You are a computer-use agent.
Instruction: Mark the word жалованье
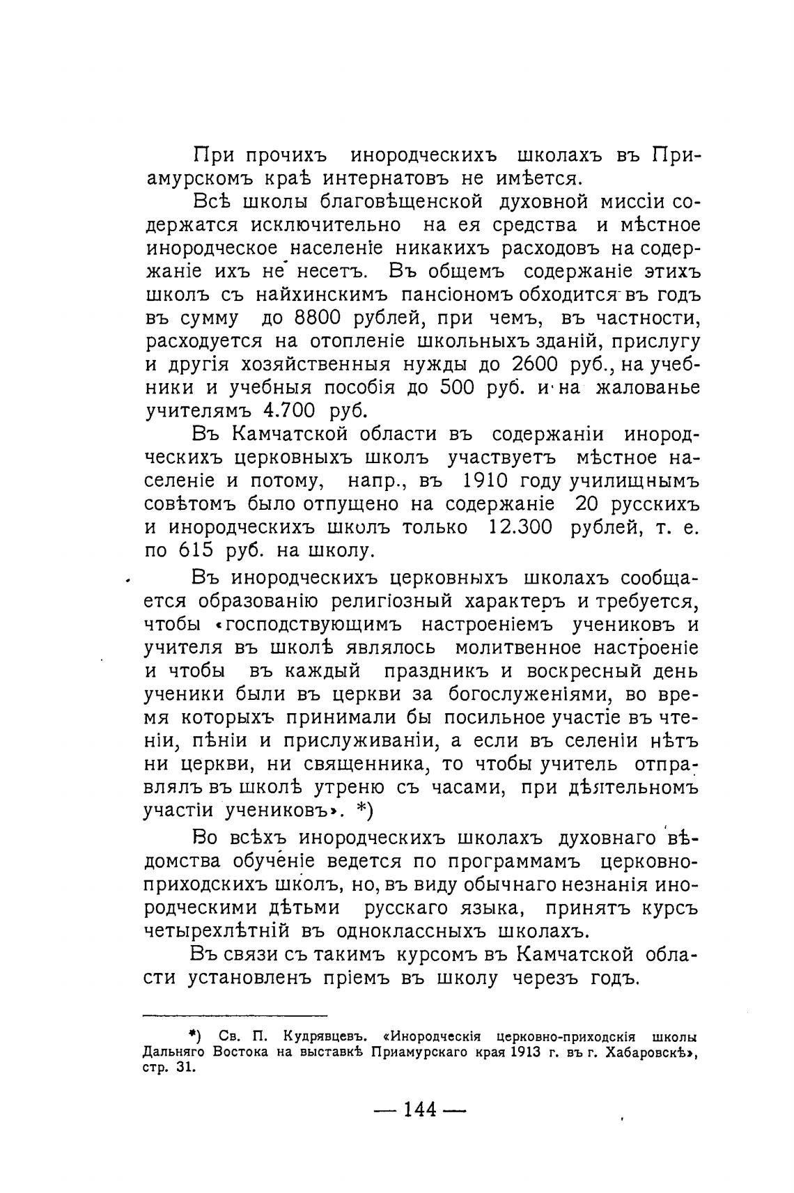click(x=648, y=387)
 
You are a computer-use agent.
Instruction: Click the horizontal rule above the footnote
click(x=235, y=1016)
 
